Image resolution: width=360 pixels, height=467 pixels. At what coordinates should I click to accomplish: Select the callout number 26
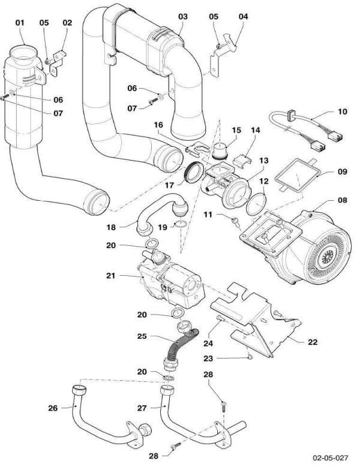coord(52,408)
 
